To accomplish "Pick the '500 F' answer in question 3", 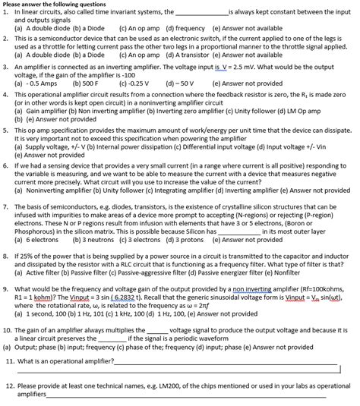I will click(85, 82).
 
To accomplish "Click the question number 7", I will click(6, 206).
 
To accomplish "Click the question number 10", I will click(8, 331).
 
